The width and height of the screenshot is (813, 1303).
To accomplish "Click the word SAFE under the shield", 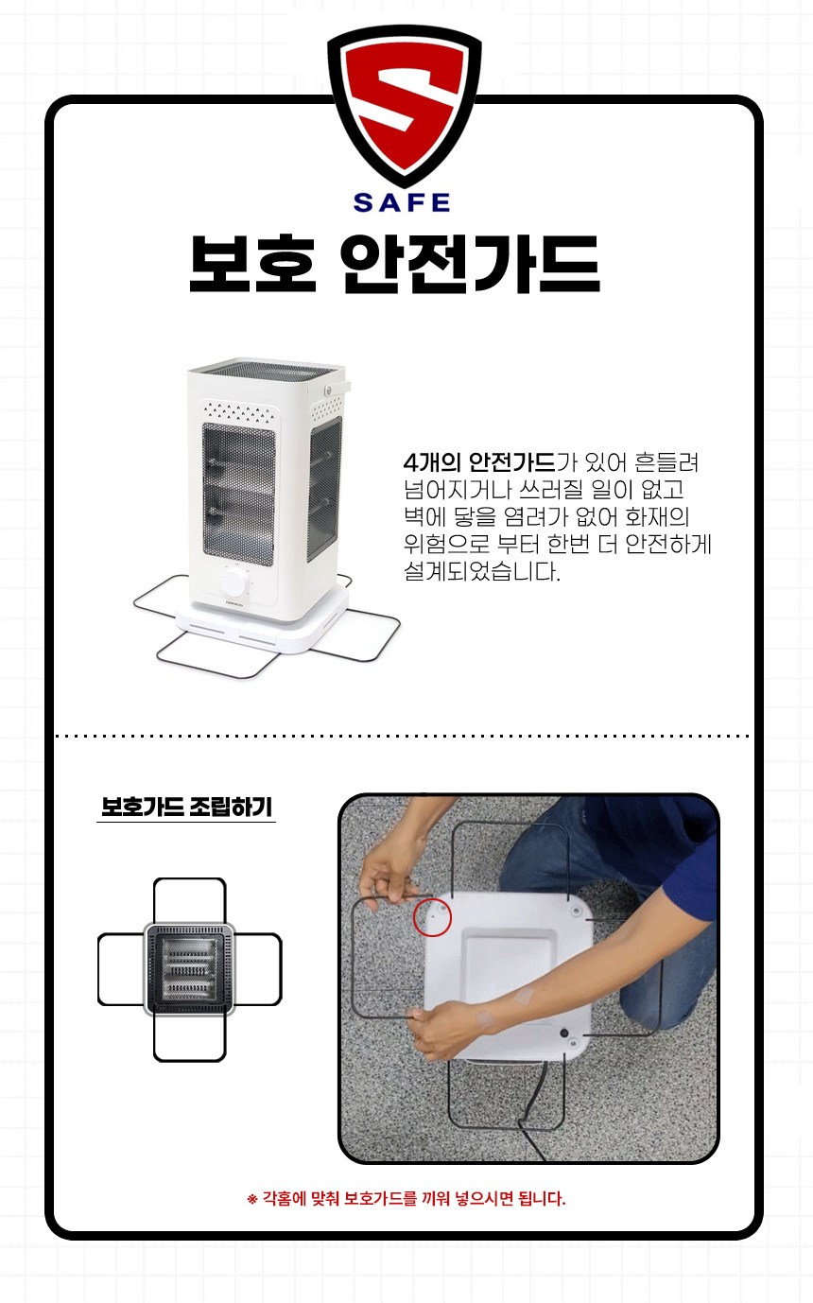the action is click(402, 202).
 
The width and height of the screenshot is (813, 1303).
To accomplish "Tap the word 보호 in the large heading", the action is click(252, 264).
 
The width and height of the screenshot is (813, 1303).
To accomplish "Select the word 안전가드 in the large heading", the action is click(471, 264).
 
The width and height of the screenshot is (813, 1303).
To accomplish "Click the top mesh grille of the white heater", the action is click(268, 368).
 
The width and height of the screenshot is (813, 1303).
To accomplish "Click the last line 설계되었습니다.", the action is click(482, 572).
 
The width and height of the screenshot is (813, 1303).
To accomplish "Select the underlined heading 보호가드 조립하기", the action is click(186, 808).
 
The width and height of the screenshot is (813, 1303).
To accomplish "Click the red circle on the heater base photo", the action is click(432, 917).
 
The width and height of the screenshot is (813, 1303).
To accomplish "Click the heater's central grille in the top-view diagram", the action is click(189, 969).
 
